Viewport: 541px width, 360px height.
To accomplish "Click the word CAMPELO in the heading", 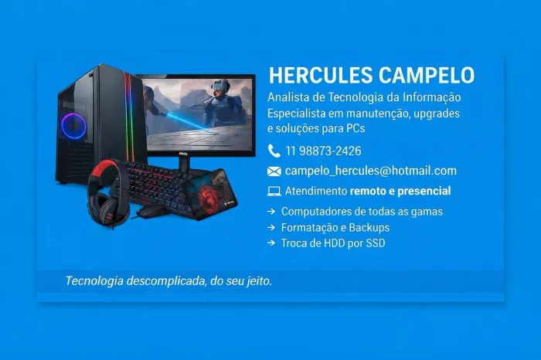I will tap(426, 76).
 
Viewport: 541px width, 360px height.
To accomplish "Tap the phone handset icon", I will tap(274, 151).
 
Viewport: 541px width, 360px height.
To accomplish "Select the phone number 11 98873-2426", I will tap(323, 151).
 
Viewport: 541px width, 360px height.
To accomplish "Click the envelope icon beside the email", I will tap(274, 172).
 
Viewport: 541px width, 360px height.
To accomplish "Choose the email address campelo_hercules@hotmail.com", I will tap(370, 171).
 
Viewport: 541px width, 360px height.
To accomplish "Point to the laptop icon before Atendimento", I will tap(274, 191).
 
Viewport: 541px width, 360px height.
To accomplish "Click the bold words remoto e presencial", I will tap(400, 191).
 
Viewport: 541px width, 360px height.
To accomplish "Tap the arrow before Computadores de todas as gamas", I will tap(271, 212).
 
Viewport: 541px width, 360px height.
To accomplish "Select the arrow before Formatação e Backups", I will tap(271, 228).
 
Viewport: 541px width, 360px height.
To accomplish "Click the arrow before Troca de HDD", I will tap(271, 243).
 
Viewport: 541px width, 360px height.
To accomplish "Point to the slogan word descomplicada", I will tap(162, 281).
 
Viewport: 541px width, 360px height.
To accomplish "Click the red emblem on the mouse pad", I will tap(209, 197).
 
